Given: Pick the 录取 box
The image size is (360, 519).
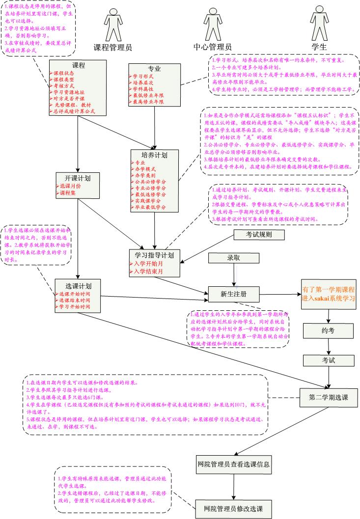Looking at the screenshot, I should pyautogui.click(x=233, y=258).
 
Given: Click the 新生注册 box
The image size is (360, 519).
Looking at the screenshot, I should pyautogui.click(x=233, y=294).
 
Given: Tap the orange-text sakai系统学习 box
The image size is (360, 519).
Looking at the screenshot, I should pyautogui.click(x=328, y=294).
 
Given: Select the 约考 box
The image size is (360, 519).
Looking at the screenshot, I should pyautogui.click(x=328, y=330).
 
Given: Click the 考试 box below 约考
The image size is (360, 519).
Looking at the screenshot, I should pyautogui.click(x=328, y=360).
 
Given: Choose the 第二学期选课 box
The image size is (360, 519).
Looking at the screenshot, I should pyautogui.click(x=328, y=397).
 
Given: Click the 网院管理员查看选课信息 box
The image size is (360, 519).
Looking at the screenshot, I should pyautogui.click(x=233, y=464).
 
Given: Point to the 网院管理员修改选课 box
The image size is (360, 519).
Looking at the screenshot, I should pyautogui.click(x=233, y=508).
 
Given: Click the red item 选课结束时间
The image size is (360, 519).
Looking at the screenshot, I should pyautogui.click(x=74, y=300).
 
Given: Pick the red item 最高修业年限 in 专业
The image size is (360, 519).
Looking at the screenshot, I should pyautogui.click(x=148, y=102).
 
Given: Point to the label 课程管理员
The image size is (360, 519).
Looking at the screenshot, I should pyautogui.click(x=113, y=48).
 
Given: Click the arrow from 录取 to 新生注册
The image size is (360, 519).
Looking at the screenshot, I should pyautogui.click(x=234, y=275).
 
